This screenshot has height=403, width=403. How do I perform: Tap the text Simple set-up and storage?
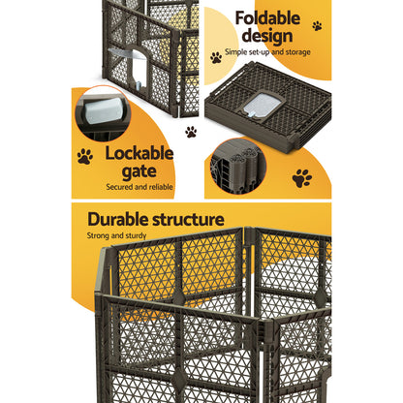pyautogui.click(x=269, y=50)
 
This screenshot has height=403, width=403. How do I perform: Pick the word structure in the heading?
pyautogui.click(x=189, y=220)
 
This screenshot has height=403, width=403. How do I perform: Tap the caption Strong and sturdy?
pyautogui.click(x=123, y=235)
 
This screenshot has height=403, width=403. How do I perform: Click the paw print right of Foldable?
pyautogui.click(x=316, y=25)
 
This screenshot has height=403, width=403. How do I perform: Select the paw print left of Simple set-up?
pyautogui.click(x=216, y=58)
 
